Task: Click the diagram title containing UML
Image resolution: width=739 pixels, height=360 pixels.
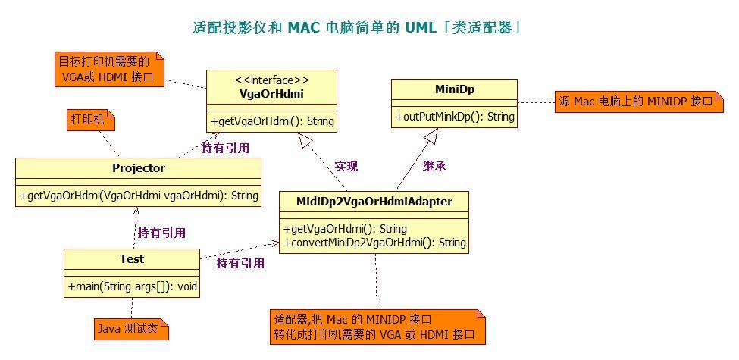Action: [x=356, y=28]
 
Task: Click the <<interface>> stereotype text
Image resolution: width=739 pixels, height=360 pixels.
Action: [x=271, y=80]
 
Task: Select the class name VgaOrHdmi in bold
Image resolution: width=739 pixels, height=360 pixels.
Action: [x=271, y=93]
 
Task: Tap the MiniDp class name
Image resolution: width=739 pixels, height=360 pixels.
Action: [x=454, y=89]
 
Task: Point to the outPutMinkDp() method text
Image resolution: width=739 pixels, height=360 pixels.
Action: [x=454, y=117]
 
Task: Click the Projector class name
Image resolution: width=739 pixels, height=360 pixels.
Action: [x=138, y=168]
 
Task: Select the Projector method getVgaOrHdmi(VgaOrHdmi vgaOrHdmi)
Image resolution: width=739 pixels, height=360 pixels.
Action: [x=138, y=195]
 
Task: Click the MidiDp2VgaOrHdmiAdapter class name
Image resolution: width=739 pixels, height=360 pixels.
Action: [x=375, y=201]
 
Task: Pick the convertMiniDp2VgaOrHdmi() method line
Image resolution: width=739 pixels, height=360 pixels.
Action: [x=374, y=243]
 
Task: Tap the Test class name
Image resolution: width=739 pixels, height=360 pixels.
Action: [x=131, y=259]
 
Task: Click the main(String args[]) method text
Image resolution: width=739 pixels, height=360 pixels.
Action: [x=132, y=286]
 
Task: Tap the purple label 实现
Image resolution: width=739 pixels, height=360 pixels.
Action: [x=346, y=165]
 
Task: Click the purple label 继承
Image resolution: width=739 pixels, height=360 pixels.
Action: [x=434, y=165]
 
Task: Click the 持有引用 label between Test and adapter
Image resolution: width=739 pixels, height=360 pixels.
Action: [x=240, y=263]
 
